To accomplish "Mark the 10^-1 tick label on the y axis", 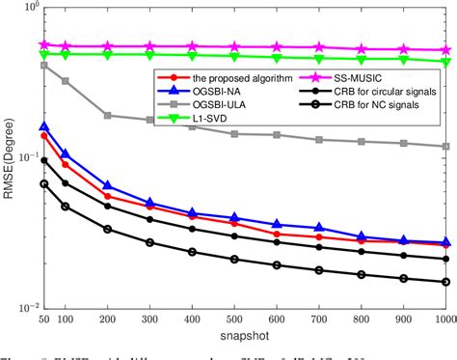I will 24,157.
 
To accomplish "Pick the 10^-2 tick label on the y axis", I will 24,308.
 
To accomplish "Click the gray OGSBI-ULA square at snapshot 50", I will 43,65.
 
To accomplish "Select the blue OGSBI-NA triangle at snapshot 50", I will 43,126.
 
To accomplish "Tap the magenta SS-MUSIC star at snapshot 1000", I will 445,50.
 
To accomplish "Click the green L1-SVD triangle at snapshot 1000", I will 445,62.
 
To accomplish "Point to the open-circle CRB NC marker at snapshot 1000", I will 445,282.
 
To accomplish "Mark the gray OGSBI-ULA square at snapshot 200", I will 107,115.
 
